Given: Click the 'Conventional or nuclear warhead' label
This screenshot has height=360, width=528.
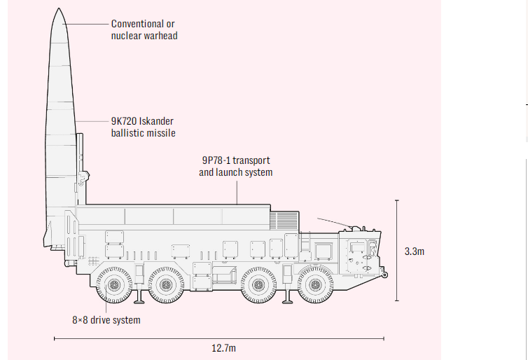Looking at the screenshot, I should [x=144, y=29].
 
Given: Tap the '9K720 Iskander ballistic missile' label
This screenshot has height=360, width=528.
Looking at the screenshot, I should [x=143, y=127].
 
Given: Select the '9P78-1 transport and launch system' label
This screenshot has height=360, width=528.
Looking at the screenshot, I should [x=235, y=166].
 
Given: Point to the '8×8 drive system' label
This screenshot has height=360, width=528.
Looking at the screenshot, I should [x=106, y=320].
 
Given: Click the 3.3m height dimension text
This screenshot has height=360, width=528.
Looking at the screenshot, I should [x=415, y=251].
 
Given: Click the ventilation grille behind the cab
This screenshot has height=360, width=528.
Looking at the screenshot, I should [x=284, y=221].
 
